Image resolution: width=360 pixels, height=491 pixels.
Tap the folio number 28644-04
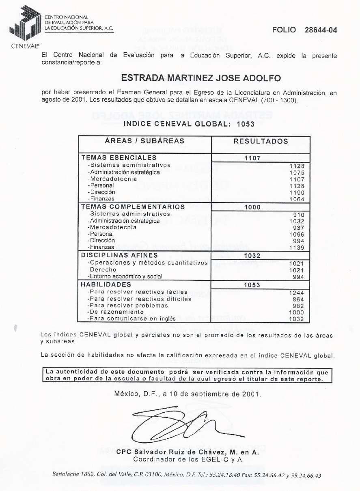321,30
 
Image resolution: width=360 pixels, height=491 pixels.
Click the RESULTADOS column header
261,142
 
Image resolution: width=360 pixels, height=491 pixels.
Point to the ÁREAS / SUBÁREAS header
144,141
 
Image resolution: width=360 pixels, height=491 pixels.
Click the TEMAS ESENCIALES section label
119,157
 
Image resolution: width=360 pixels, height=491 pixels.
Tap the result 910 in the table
298,215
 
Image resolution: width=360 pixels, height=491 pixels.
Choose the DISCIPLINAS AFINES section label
119,255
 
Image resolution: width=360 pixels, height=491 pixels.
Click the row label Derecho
103,269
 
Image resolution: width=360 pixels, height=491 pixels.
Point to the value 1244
297,293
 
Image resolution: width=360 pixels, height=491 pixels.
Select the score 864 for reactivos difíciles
298,299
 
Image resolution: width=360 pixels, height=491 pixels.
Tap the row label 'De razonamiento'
117,312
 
